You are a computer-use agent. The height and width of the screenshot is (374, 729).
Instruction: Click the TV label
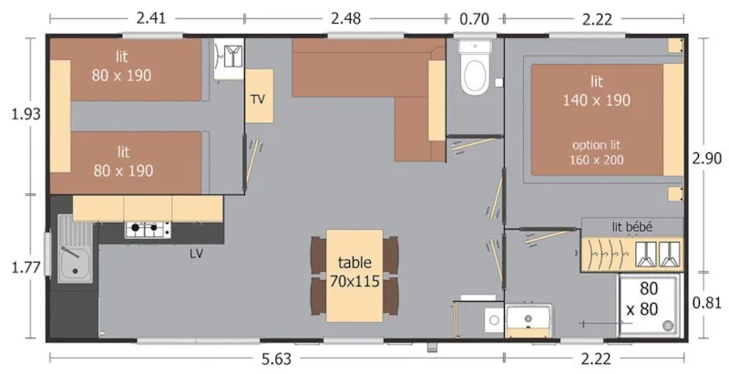point(258,99)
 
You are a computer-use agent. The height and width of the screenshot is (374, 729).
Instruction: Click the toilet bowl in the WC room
point(475,76)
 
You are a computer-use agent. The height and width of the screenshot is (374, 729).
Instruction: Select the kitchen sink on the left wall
point(71,249)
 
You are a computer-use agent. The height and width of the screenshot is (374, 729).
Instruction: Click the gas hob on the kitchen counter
point(148,229)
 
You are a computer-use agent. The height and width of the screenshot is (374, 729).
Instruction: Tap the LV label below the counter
point(195,253)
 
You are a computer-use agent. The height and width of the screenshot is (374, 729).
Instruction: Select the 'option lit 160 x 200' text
point(597,152)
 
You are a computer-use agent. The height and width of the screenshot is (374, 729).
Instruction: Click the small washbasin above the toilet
point(475,47)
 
